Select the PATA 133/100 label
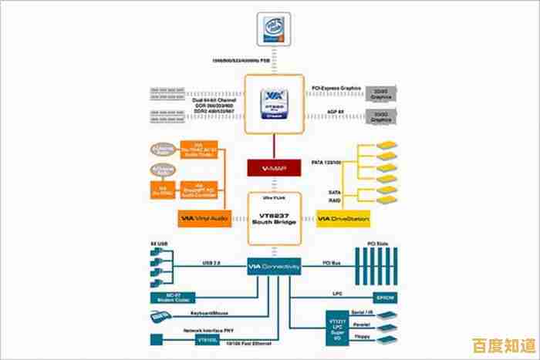pos(328,163)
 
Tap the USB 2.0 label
pos(212,263)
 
